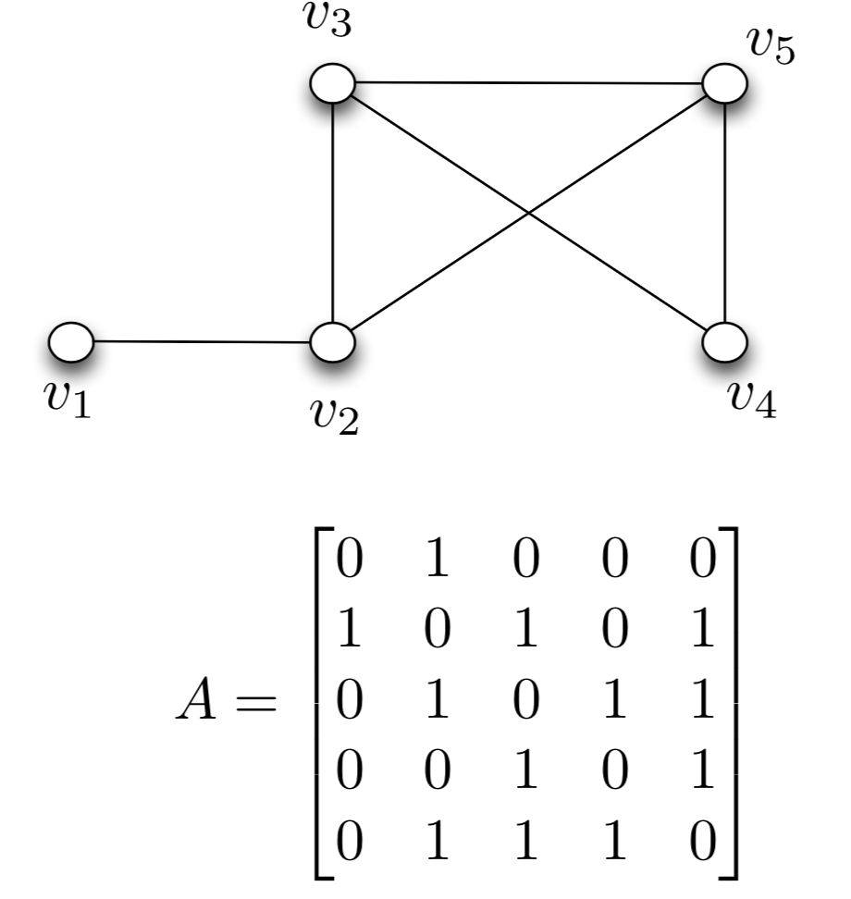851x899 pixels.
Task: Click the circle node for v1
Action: [x=70, y=341]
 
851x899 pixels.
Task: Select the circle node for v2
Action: [x=332, y=342]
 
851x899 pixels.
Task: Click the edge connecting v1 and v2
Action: [x=202, y=341]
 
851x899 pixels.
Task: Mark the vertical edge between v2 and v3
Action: [x=332, y=213]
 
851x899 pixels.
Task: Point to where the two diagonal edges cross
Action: [x=528, y=214]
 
